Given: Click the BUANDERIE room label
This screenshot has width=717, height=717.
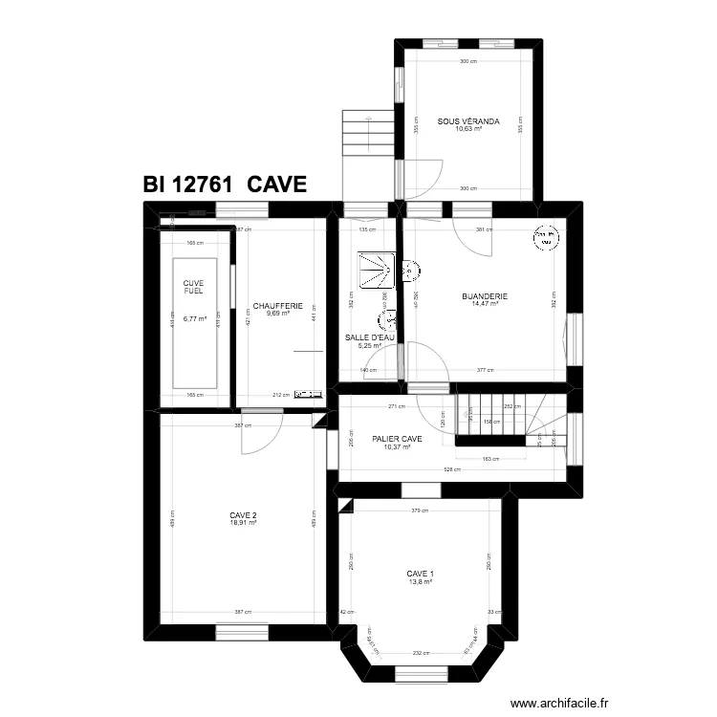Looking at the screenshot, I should (489, 296).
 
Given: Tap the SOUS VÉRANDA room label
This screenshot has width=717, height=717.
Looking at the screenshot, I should (468, 121).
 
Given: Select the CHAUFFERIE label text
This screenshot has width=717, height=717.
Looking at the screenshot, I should (277, 306).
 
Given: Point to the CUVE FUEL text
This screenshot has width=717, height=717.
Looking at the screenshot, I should (193, 286).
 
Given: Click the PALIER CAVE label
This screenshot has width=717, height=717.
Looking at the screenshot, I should (397, 439).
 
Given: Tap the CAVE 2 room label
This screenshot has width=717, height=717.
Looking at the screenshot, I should (243, 515).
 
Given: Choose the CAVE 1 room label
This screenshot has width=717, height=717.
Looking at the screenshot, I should (421, 573).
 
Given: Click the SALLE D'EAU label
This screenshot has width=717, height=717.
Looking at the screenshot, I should (370, 337).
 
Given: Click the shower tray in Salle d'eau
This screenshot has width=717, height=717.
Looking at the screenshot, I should (375, 269).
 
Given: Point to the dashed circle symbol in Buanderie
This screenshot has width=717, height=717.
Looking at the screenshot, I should (544, 238).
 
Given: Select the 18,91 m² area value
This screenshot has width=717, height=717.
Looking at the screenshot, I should (243, 523).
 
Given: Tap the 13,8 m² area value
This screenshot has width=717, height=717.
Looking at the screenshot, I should (421, 580).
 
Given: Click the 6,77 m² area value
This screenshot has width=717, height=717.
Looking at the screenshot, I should (194, 319).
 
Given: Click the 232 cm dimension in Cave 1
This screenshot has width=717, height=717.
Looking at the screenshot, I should (421, 653).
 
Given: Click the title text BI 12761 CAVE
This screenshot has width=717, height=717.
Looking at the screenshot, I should (225, 185).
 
